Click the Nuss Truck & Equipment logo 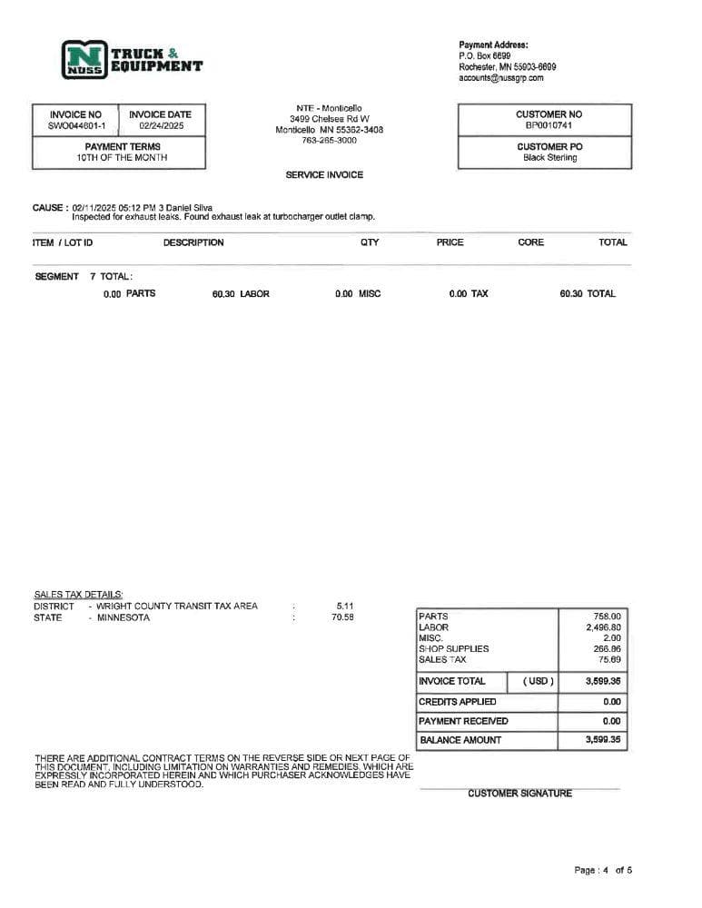coord(132,59)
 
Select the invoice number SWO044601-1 coord(76,126)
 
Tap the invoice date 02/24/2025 coord(161,126)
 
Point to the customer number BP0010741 coord(549,125)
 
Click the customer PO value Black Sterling coord(549,158)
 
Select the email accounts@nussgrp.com coord(501,78)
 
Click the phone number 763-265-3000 coord(329,141)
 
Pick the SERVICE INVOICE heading coord(324,175)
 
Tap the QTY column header coord(370,242)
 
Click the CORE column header coord(530,242)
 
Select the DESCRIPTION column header coord(193,242)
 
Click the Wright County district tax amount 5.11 coord(345,606)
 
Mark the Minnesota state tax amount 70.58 coord(342,617)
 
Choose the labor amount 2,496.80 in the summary coord(603,627)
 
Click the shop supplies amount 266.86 coord(606,649)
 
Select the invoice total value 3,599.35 coord(603,681)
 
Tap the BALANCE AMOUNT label coord(460,740)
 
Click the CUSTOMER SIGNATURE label coord(519,794)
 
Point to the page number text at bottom coord(603,870)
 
